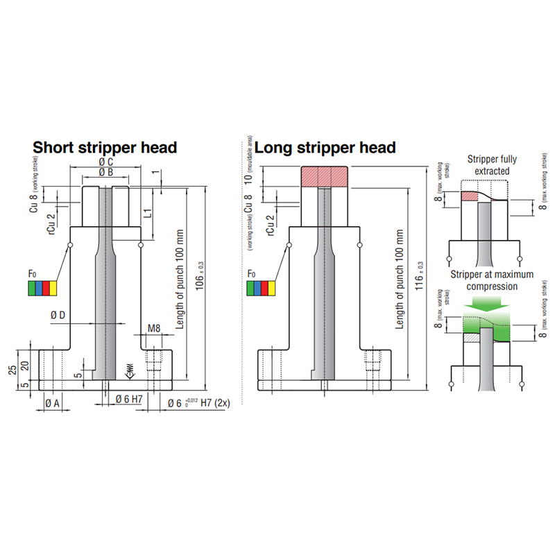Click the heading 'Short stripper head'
[105, 147]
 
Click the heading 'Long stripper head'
[325, 147]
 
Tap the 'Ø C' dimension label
[106, 162]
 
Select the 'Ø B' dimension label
[106, 172]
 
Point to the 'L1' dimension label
[148, 213]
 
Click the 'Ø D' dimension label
[58, 316]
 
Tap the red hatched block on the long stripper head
[324, 176]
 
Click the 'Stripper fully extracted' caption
[489, 164]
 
